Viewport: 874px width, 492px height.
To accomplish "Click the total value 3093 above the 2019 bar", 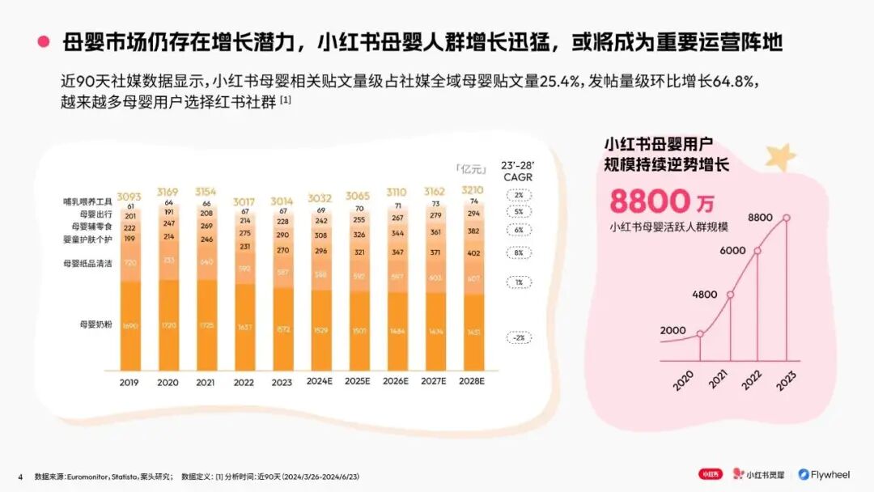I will tap(129, 197).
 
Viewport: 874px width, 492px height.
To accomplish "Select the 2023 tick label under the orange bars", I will tap(282, 383).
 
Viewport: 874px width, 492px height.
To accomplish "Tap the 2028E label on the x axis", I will tap(473, 383).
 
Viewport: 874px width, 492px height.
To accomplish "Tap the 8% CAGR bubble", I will tap(518, 253).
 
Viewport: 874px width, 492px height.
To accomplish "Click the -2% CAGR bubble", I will tap(518, 337).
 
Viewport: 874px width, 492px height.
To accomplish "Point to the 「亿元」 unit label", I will tap(470, 170).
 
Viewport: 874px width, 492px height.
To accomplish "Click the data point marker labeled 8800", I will tap(786, 218).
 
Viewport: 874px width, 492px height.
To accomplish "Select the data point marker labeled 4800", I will tap(730, 295).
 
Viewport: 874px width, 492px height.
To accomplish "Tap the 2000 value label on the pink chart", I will tap(672, 330).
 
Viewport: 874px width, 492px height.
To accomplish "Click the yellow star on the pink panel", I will tap(781, 156).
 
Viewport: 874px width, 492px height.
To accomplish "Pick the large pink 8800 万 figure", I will tap(662, 201).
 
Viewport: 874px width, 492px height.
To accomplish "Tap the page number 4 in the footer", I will tap(20, 476).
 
